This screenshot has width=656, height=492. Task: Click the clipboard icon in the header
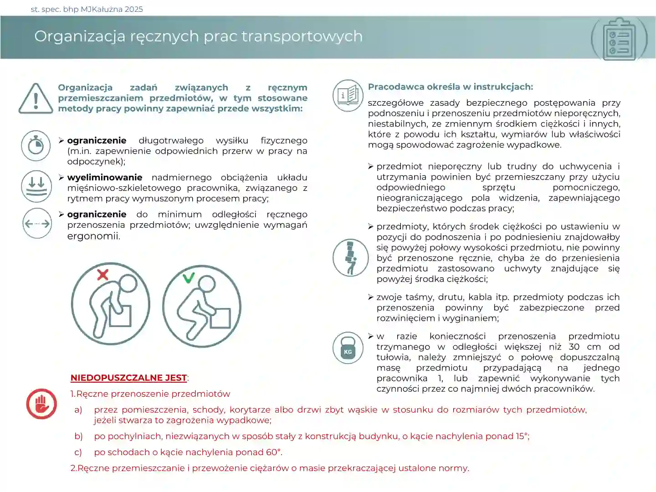[x=619, y=39]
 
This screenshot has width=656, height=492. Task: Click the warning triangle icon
[x=36, y=98]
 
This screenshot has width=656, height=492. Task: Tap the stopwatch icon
[x=36, y=146]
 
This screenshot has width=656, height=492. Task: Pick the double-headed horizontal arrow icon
[x=37, y=223]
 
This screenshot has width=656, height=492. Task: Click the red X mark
[x=103, y=274]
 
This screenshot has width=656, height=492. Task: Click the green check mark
[x=189, y=277]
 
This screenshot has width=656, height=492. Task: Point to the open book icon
[x=348, y=95]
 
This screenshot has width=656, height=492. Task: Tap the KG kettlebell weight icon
[x=348, y=348]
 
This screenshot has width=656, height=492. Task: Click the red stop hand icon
[x=41, y=404]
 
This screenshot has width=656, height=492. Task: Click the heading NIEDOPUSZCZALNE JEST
[x=128, y=378]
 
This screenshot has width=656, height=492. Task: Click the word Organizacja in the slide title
[x=79, y=36]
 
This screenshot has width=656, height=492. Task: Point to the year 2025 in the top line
[x=133, y=9]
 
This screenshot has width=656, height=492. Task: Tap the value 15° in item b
[x=522, y=436]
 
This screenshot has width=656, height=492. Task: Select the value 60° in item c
[x=273, y=452]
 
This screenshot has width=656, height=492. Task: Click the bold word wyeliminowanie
[x=104, y=177]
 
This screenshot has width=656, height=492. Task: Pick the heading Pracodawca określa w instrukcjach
[x=450, y=87]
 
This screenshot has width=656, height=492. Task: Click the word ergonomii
[x=93, y=236]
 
